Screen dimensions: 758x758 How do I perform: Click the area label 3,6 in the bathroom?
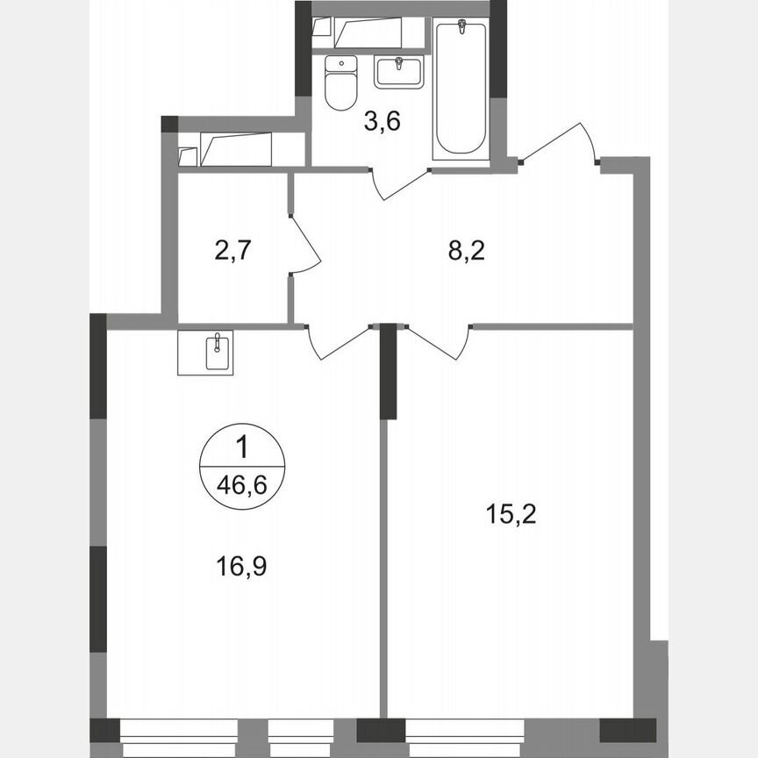pos(383,122)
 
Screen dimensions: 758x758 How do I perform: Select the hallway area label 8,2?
pos(466,252)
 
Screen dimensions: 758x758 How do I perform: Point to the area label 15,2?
pos(511,513)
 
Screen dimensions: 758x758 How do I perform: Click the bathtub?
pos(461,88)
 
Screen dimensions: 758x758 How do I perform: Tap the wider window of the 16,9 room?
pos(179,729)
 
